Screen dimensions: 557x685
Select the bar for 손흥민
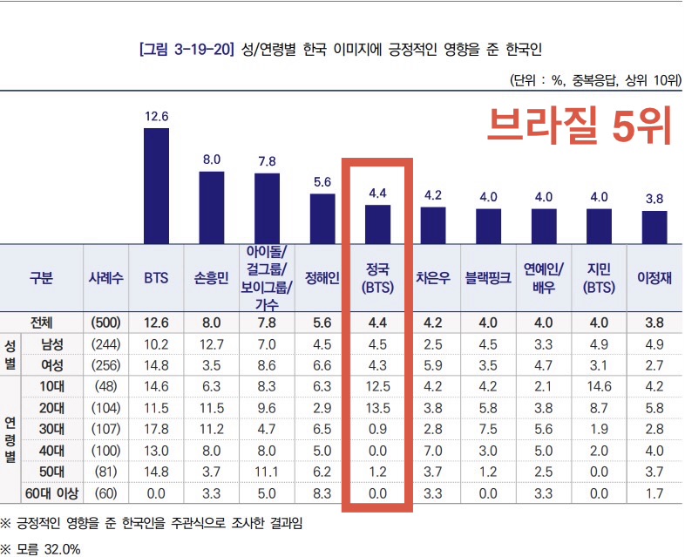pyautogui.click(x=212, y=207)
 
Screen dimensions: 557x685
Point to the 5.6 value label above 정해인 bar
pyautogui.click(x=322, y=182)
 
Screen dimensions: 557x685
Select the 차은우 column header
pyautogui.click(x=433, y=279)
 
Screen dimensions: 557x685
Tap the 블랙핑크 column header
pyautogui.click(x=488, y=279)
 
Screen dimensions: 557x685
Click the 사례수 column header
pyautogui.click(x=105, y=279)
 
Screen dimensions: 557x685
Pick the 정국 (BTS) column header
pyautogui.click(x=377, y=279)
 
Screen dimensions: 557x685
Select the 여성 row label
pyautogui.click(x=58, y=364)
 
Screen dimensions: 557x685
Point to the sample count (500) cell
pyautogui.click(x=105, y=323)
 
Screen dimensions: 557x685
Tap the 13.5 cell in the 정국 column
pyautogui.click(x=377, y=408)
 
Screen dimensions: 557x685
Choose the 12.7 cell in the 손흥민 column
pyautogui.click(x=212, y=343)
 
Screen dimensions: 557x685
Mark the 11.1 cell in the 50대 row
pyautogui.click(x=267, y=472)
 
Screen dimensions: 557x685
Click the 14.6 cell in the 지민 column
pyautogui.click(x=599, y=386)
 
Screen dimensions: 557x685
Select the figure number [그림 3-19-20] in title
pyautogui.click(x=186, y=48)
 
